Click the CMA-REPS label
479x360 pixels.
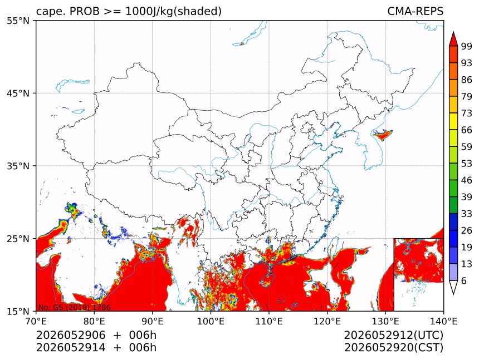[415, 11]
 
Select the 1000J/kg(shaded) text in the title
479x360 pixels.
[173, 12]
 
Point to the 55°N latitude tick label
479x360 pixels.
[18, 21]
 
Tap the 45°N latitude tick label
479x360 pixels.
[18, 93]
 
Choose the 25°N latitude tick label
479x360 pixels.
[18, 238]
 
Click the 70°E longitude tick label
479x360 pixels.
[36, 321]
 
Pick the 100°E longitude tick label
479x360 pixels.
[211, 321]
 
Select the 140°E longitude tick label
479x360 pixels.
[443, 321]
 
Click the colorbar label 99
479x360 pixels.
[467, 46]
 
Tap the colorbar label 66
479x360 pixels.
[467, 130]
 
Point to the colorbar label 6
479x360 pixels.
[464, 280]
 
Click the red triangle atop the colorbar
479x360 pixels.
[453, 40]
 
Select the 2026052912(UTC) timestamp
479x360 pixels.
[393, 335]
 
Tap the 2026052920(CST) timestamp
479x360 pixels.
[393, 348]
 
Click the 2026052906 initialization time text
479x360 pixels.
[71, 335]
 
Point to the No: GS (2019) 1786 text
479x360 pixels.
[74, 307]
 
